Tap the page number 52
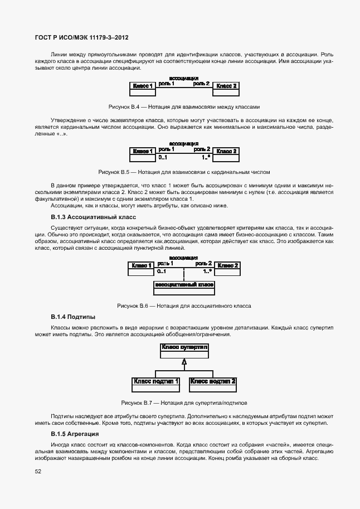coord(38,471)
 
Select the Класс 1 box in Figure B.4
coord(143,86)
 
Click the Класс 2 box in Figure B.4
coord(227,86)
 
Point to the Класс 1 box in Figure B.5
coord(143,151)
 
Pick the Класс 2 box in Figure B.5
coord(227,151)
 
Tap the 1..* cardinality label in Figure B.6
coord(207,272)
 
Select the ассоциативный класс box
coord(184,285)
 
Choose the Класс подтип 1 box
coord(155,382)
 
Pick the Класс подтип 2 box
coord(213,382)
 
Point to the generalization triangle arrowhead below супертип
coord(184,362)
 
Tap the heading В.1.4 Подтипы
coord(73,317)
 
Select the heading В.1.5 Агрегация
coord(75,434)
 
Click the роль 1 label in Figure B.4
coord(167,84)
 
